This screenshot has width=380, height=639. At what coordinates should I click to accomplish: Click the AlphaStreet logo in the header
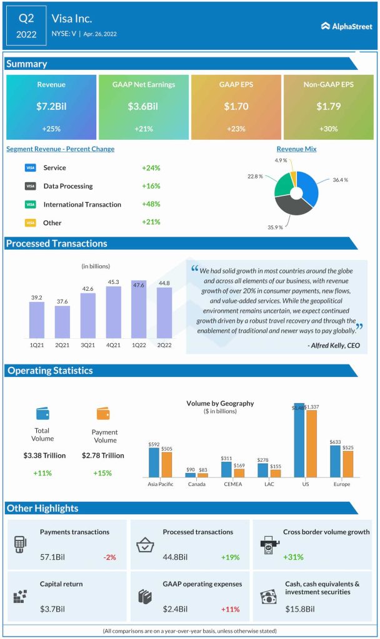pyautogui.click(x=347, y=26)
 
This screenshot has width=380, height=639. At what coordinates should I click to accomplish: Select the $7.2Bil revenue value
pyautogui.click(x=51, y=107)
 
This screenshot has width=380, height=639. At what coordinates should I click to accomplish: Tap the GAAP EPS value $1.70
pyautogui.click(x=237, y=107)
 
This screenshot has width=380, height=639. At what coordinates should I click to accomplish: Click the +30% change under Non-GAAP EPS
pyautogui.click(x=329, y=128)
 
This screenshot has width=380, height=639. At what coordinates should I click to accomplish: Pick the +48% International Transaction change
pyautogui.click(x=151, y=204)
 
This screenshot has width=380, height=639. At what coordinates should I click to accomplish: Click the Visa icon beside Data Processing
pyautogui.click(x=30, y=186)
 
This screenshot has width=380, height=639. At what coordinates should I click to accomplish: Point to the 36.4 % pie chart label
pyautogui.click(x=340, y=180)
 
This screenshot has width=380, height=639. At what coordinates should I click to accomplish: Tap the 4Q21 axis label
pyautogui.click(x=114, y=346)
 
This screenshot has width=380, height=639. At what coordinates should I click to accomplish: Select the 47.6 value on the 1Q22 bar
pyautogui.click(x=139, y=285)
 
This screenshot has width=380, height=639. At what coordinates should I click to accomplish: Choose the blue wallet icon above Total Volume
pyautogui.click(x=42, y=413)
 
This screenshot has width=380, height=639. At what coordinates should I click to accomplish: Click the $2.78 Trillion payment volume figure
pyautogui.click(x=103, y=456)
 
